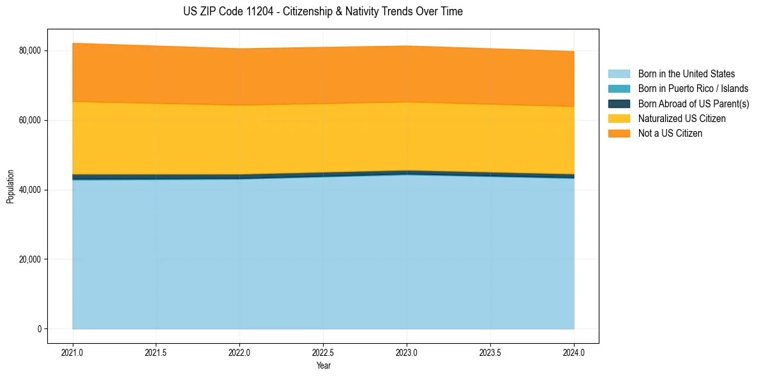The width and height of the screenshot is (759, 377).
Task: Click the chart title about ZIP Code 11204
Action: click(322, 12)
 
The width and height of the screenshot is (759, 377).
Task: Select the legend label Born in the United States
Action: click(686, 74)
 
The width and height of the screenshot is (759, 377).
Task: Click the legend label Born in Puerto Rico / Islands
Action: click(693, 89)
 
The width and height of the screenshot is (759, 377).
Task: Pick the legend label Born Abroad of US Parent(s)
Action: click(693, 104)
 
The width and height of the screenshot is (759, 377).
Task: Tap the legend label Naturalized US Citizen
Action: click(682, 119)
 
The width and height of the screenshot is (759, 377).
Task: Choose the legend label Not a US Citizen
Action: click(670, 134)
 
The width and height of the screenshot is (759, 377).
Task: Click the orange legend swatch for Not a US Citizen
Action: click(619, 134)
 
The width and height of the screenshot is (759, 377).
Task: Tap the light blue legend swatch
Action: click(619, 74)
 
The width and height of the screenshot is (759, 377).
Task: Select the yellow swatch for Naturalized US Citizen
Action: click(619, 119)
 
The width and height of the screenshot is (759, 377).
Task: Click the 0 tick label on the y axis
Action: click(39, 329)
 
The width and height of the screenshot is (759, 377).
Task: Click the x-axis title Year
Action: click(323, 365)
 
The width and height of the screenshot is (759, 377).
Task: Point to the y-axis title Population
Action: click(10, 187)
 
